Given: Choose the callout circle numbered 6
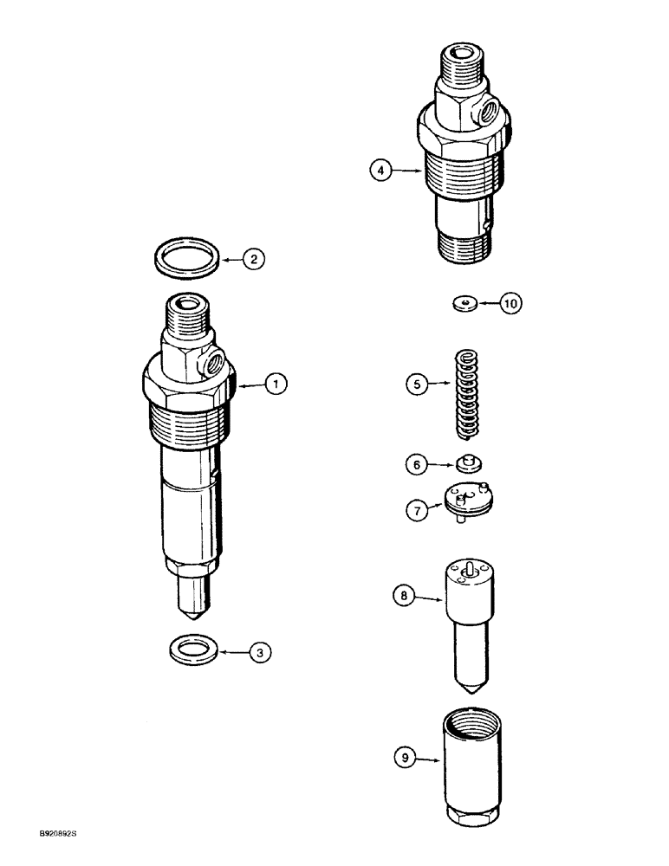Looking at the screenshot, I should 418,465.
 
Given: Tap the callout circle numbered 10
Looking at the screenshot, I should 511,303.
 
